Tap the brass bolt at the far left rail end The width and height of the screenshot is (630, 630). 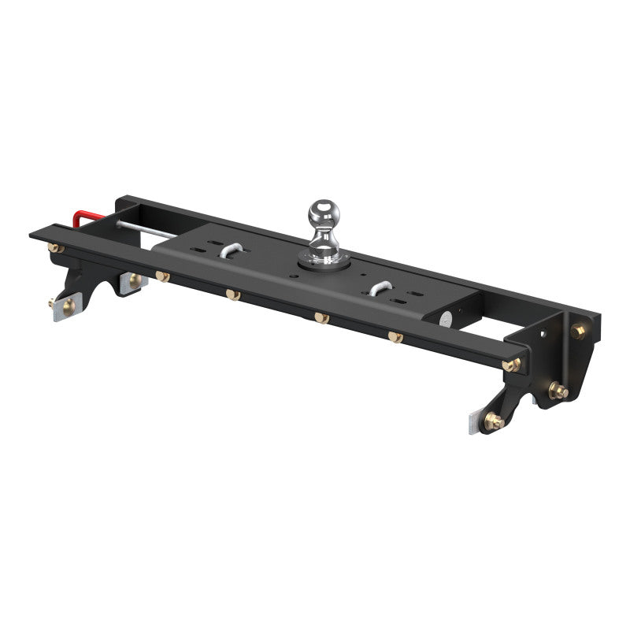(x=56, y=248)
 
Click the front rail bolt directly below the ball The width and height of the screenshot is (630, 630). (x=321, y=317)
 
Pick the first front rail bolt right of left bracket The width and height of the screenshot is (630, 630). (x=163, y=276)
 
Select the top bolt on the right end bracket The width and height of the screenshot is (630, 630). (x=577, y=332)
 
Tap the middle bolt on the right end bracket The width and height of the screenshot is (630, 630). (x=558, y=390)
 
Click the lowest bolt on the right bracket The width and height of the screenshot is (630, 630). (x=495, y=421)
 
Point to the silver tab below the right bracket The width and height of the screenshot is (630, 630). (x=472, y=425)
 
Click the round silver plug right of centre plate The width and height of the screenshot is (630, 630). (x=445, y=318)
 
